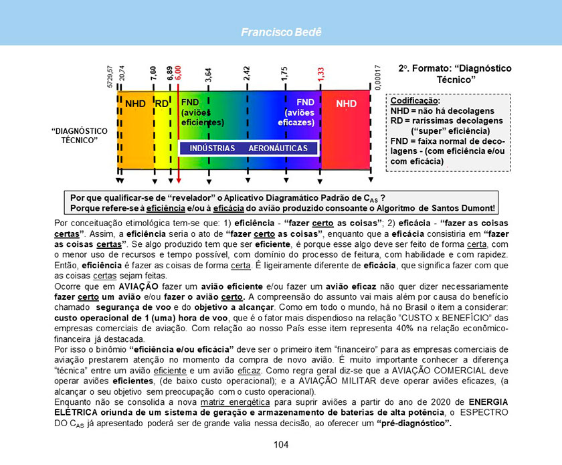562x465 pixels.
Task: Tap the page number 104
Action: click(x=281, y=445)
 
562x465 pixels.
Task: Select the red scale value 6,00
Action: click(x=179, y=74)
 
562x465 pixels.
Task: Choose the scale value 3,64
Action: click(x=209, y=75)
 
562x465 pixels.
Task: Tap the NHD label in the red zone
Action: click(x=346, y=104)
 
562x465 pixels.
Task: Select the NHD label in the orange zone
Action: click(x=135, y=104)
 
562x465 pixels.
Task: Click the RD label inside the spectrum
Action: click(x=162, y=104)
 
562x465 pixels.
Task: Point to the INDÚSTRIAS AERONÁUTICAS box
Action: click(x=248, y=148)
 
